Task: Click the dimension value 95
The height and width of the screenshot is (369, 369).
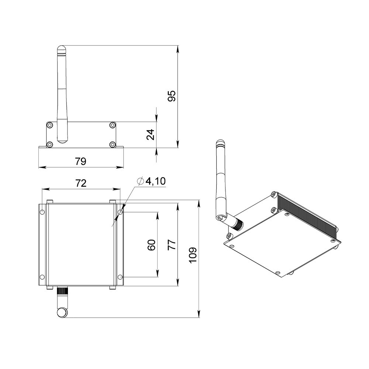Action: click(172, 96)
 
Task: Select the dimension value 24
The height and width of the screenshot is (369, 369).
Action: click(151, 135)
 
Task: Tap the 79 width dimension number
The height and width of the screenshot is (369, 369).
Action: click(81, 162)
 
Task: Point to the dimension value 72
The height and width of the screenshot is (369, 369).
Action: click(81, 183)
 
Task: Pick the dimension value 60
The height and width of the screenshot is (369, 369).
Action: click(151, 245)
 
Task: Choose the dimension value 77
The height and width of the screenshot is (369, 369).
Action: click(172, 245)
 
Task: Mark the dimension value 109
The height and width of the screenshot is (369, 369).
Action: click(193, 256)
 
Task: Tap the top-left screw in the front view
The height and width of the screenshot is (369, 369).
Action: click(49, 125)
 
